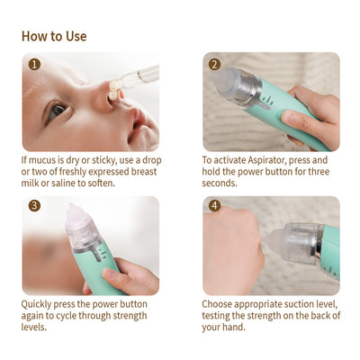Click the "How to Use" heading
pos(54,36)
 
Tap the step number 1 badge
pos(34,65)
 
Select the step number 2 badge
pos(215,65)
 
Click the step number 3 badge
pos(34,206)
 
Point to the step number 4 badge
pos(215,206)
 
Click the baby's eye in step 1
pos(57,111)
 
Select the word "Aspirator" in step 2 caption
pos(267,160)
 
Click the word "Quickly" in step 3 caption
pos(36,304)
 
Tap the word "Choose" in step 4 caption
pos(217,304)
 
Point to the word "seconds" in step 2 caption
pos(220,184)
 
